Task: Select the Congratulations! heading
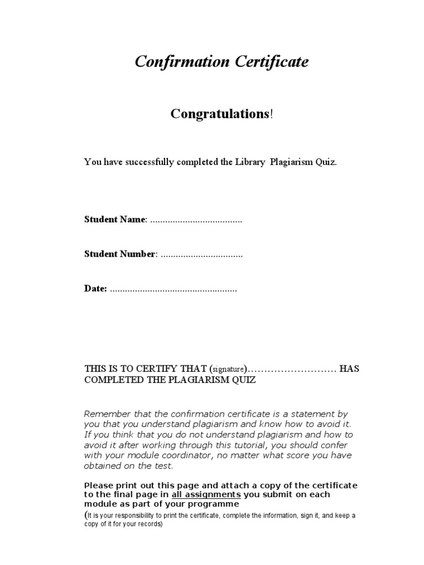221,114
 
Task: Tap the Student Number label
120,254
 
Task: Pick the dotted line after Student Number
202,254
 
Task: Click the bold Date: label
96,289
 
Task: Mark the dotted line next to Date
173,290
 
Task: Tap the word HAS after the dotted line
349,369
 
